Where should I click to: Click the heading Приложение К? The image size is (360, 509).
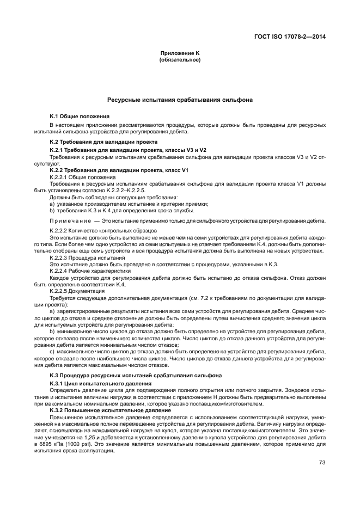180,53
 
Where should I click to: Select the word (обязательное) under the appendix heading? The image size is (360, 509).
180,60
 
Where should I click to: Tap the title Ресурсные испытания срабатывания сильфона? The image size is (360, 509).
180,100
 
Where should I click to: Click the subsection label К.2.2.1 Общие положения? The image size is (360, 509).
82,177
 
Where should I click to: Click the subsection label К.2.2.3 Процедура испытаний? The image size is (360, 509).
87,257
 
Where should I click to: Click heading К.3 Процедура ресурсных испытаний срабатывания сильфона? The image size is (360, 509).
136,376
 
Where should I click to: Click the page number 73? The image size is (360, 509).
322,463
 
